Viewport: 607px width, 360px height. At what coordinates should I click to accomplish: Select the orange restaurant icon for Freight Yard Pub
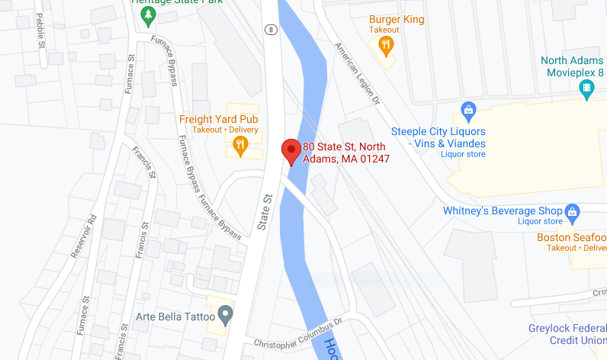241,145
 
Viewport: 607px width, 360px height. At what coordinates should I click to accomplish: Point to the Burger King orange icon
387,47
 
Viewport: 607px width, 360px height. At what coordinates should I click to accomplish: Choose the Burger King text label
397,19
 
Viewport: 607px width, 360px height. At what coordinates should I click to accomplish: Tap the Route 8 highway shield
270,30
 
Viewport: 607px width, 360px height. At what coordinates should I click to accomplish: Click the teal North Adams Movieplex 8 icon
587,89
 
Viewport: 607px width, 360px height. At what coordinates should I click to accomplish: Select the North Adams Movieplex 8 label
572,67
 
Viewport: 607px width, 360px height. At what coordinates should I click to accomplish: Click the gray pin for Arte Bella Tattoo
225,313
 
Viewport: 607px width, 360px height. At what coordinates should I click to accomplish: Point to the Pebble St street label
40,31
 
